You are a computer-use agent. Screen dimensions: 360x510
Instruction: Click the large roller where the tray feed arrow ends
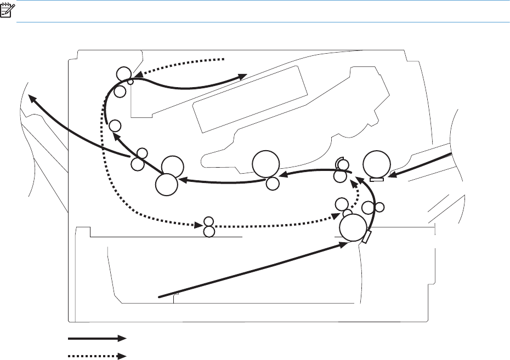click(353, 228)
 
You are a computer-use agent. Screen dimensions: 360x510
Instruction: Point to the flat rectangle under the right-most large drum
click(376, 179)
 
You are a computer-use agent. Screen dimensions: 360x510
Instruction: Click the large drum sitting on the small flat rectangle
click(377, 164)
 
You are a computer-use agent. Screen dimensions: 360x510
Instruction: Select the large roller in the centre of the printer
click(265, 164)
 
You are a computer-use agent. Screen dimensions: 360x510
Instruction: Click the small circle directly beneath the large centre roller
click(272, 184)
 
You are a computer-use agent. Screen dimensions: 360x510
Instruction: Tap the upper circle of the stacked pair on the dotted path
click(208, 222)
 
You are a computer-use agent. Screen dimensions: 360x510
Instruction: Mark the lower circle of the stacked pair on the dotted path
click(208, 232)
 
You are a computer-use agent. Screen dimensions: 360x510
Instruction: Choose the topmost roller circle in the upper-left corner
click(124, 74)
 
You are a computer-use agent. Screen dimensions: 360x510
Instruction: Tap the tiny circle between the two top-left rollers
click(131, 82)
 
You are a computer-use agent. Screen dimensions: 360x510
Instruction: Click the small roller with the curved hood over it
click(343, 165)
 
